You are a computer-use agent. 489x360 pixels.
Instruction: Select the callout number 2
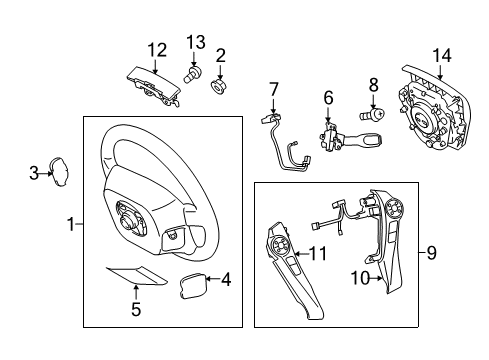220,55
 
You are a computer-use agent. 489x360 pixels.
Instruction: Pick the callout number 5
137,309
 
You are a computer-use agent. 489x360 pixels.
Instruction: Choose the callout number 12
157,48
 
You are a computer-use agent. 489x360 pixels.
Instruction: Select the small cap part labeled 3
60,173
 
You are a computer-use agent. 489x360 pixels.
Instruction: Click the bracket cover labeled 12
155,82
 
